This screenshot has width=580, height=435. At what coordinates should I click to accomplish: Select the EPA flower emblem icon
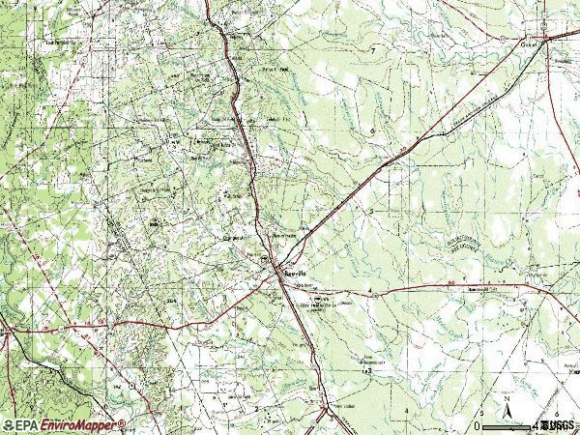tap(9, 425)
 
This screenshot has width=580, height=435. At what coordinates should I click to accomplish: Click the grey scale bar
tap(508, 425)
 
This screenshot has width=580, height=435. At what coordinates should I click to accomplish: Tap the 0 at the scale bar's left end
tap(478, 426)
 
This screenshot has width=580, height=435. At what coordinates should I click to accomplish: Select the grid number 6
tap(371, 130)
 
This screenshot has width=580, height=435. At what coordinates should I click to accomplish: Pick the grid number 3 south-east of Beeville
tap(368, 370)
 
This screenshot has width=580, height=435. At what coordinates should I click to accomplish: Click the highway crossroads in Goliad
tap(545, 39)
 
